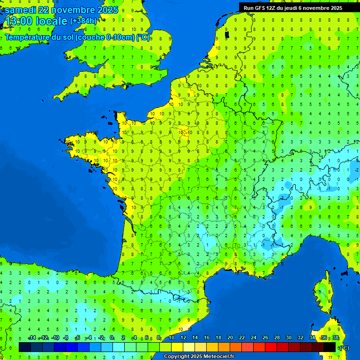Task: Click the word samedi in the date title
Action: [x=19, y=10]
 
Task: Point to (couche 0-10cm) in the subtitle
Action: [x=105, y=37]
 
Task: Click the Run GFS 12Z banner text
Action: [x=262, y=8]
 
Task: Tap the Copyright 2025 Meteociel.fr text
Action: [x=199, y=357]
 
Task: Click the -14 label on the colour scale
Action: [x=32, y=338]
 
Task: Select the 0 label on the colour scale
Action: [x=112, y=338]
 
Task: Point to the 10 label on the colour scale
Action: [x=172, y=338]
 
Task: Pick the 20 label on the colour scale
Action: [x=230, y=338]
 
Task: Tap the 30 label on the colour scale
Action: [x=289, y=338]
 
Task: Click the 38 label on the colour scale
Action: [x=336, y=338]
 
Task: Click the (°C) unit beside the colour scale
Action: [x=344, y=348]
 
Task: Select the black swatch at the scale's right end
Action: [x=330, y=347]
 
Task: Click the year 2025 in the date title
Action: [x=107, y=10]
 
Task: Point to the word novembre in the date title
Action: [x=72, y=10]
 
